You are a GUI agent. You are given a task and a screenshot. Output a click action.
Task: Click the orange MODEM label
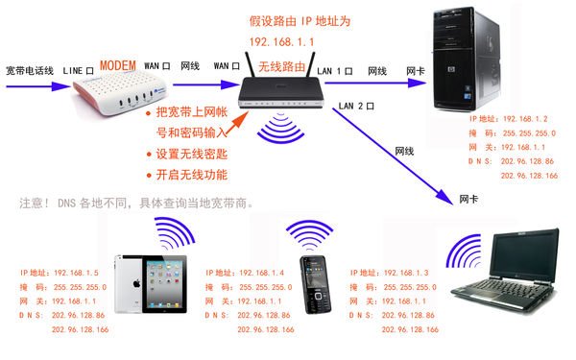point(118,65)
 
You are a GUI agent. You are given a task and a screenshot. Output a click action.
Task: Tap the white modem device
point(120,93)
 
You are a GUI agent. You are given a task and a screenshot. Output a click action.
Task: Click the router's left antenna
point(251,65)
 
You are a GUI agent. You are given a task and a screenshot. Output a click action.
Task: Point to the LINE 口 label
point(79,71)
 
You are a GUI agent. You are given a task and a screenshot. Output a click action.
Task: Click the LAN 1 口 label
point(335,71)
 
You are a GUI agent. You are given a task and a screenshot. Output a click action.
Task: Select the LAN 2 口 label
point(356,107)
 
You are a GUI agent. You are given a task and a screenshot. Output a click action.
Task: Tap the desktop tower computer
point(467,59)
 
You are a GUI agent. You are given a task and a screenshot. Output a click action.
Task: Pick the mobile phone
point(315,285)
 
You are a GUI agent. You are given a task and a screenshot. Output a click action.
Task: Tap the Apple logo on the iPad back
point(136,283)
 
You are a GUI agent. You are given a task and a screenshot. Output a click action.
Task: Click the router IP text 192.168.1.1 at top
point(281,42)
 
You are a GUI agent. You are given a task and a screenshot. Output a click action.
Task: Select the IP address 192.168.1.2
point(525,119)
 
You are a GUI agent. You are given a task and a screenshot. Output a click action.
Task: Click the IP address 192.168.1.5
point(76,273)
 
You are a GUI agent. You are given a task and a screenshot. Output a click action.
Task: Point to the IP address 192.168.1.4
point(261,273)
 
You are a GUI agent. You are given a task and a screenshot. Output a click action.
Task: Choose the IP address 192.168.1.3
point(406,273)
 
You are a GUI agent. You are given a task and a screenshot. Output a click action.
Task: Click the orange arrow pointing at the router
point(236,124)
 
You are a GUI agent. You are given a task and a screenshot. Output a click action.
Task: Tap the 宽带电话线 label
point(30,70)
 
